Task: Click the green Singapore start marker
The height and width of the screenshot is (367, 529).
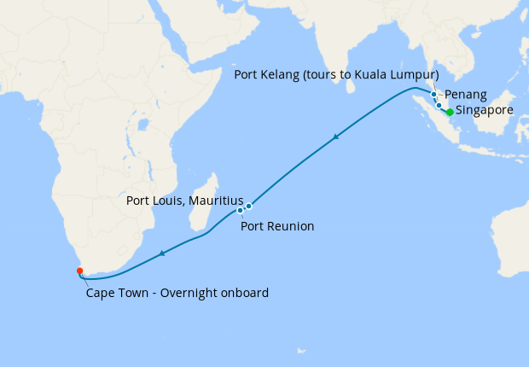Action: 450,112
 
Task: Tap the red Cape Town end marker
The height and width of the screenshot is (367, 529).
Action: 79,271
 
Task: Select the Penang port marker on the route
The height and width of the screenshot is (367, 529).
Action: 433,95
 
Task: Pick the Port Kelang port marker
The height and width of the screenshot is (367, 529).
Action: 439,106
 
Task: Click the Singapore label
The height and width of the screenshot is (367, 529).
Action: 485,111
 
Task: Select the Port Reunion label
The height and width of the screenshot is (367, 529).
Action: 277,226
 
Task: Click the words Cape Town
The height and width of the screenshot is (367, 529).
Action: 114,293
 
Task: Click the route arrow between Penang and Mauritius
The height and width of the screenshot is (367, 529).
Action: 338,137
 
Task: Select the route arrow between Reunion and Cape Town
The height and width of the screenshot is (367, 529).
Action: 161,253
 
